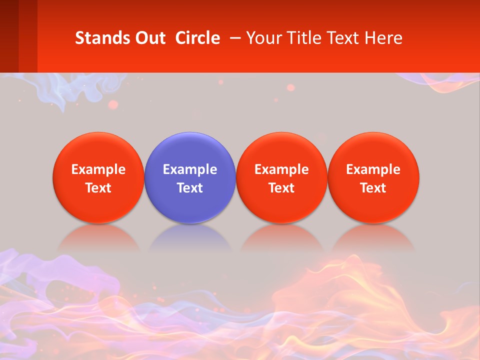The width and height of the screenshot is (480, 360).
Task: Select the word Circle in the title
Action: pos(197,38)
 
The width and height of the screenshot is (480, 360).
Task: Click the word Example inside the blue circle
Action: pos(190,169)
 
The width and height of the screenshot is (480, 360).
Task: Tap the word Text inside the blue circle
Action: pos(190,188)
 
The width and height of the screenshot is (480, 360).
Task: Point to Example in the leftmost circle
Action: pos(98,169)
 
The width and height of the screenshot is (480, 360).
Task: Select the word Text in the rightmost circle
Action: pos(373,188)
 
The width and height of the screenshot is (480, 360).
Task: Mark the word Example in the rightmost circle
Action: pos(373,169)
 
